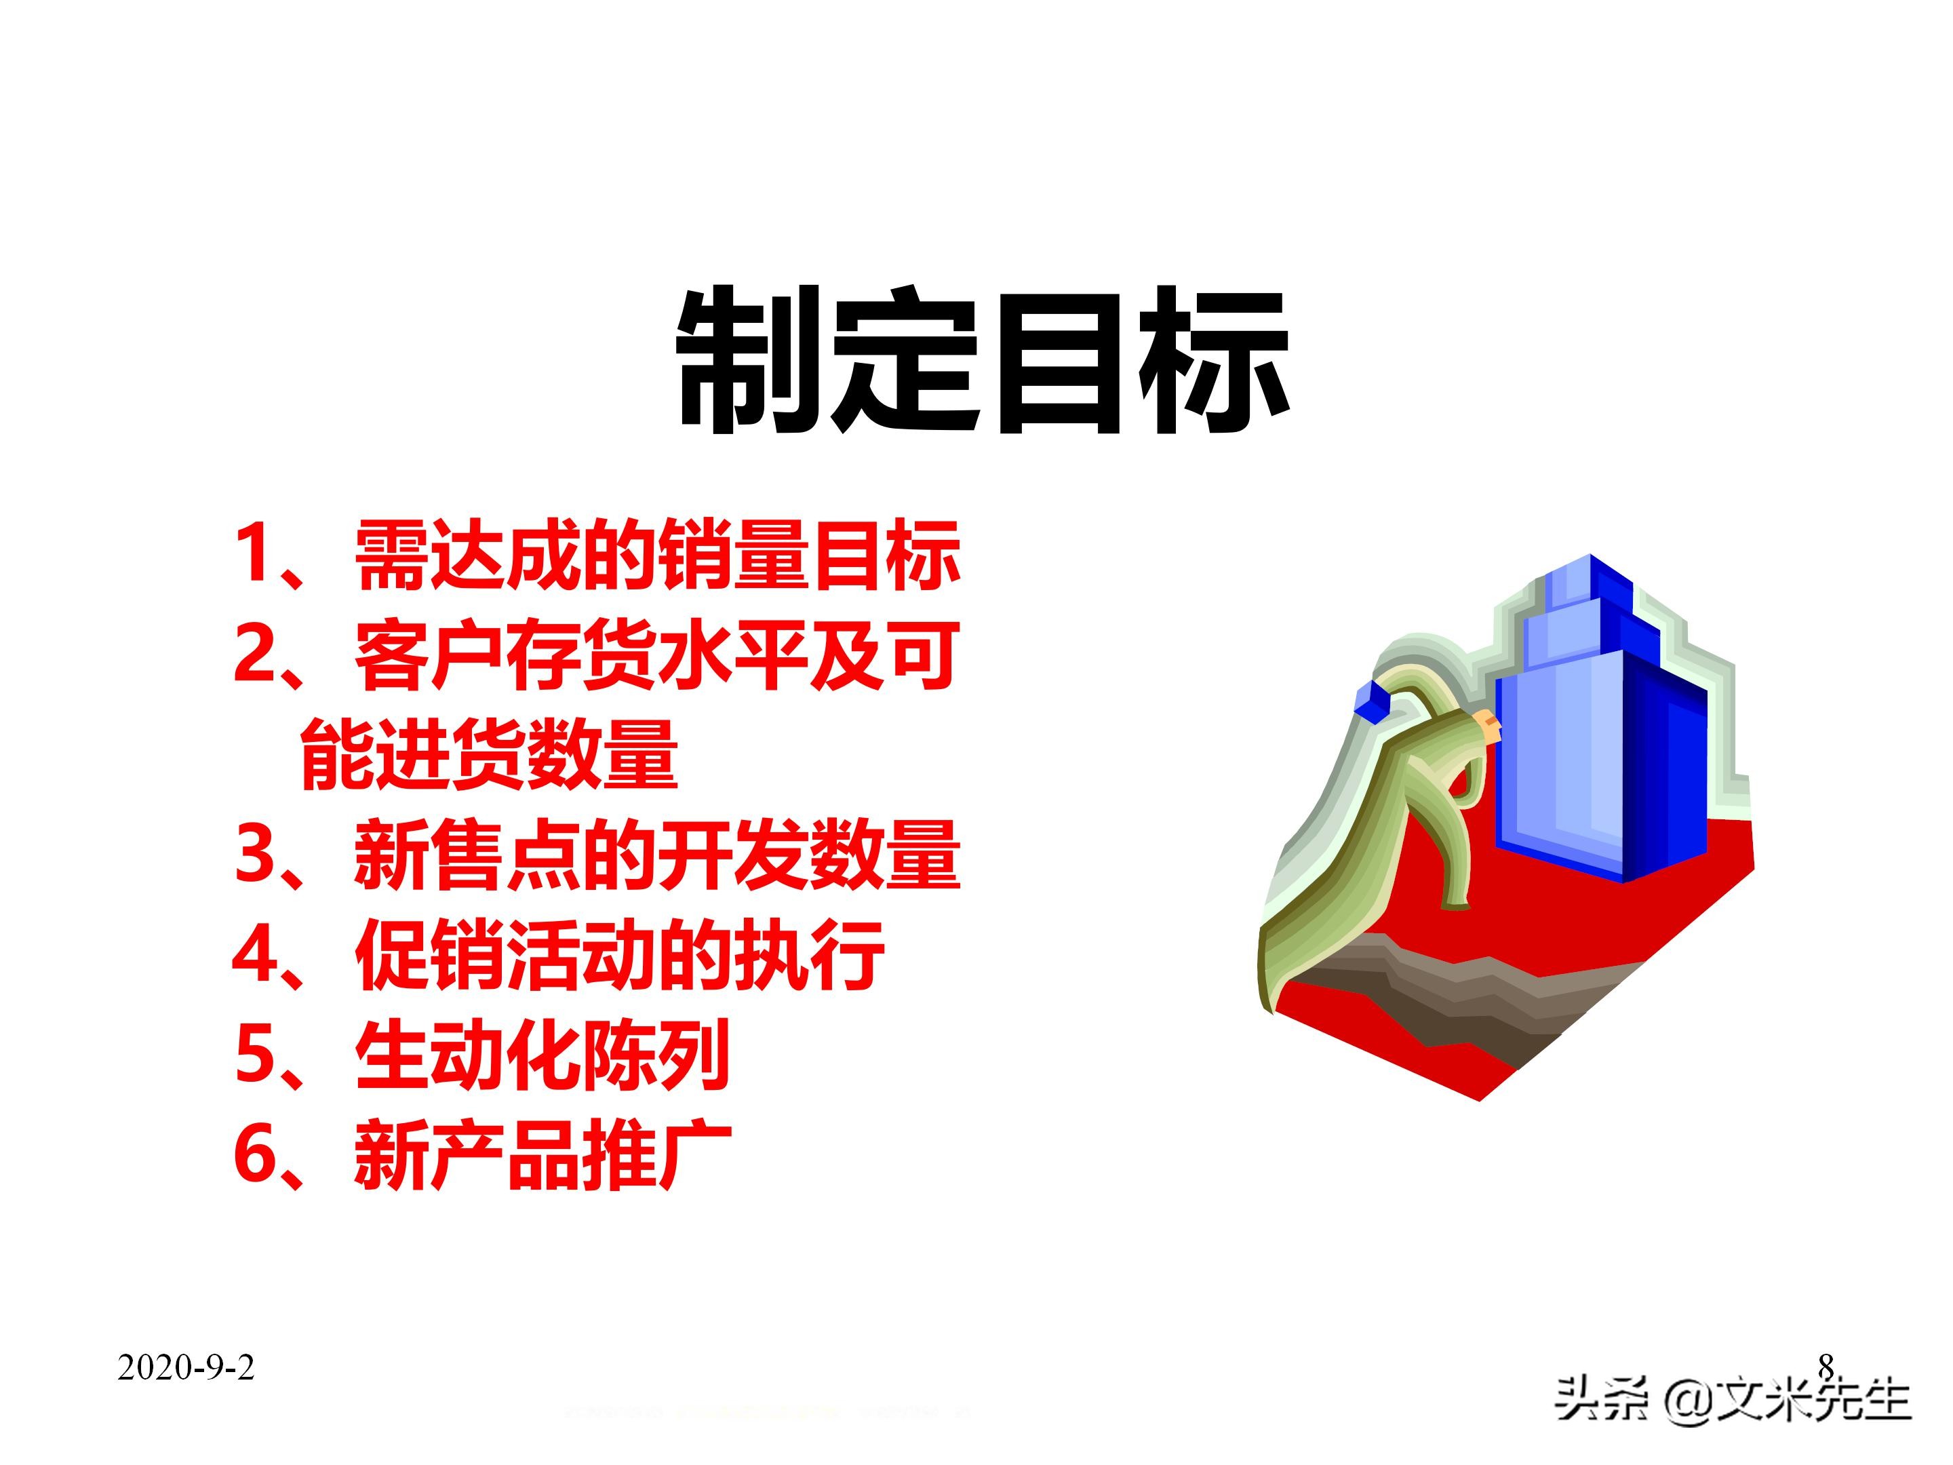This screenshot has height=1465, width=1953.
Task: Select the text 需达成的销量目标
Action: (657, 556)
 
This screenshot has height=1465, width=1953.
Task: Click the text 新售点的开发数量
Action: (657, 854)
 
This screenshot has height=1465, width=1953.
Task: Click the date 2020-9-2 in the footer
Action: (185, 1368)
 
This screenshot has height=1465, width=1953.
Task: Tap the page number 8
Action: (1825, 1365)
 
